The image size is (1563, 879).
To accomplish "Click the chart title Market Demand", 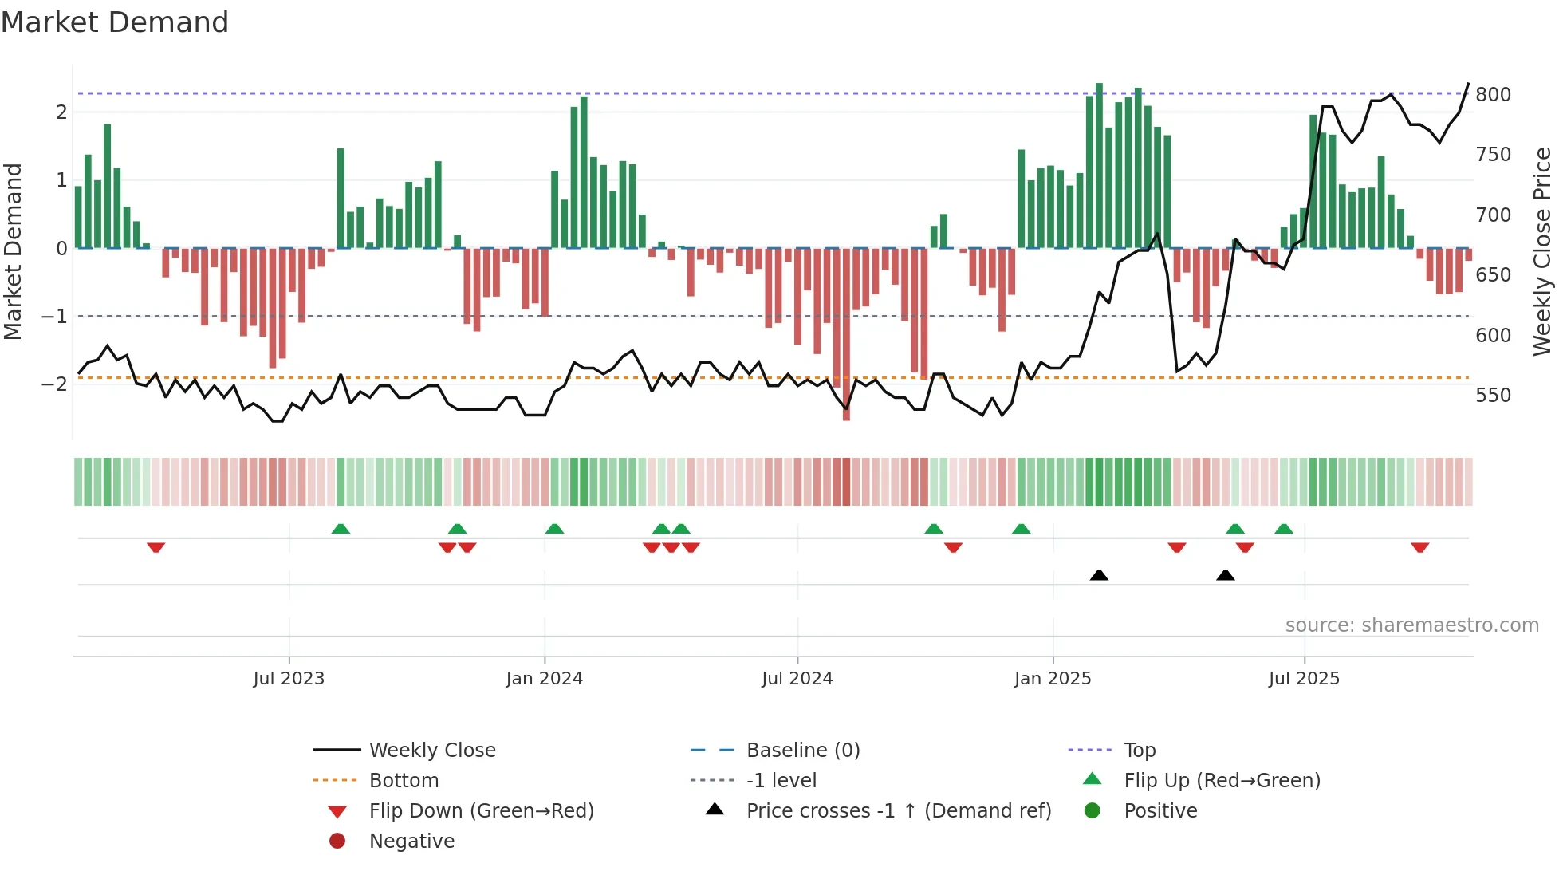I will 115,22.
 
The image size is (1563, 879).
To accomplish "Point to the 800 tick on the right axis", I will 1493,94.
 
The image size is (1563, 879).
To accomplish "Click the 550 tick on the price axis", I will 1493,395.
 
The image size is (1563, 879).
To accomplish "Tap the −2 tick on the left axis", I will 54,384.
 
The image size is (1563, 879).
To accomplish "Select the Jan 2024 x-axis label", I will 544,679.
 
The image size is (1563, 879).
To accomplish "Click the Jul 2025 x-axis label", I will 1304,679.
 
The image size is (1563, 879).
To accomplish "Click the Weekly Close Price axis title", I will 1542,251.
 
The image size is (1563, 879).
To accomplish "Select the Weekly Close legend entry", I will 431,750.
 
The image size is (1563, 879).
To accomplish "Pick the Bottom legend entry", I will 404,780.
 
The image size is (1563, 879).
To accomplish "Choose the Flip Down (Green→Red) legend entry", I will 481,810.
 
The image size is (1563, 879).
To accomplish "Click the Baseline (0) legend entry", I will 802,750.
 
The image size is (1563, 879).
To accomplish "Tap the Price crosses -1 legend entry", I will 898,810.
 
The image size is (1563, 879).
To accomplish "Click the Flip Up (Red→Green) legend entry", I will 1222,780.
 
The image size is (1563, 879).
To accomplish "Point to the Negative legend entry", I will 411,841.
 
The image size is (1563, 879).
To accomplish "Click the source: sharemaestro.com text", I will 1411,625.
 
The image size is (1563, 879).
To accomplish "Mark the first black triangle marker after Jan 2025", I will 1099,575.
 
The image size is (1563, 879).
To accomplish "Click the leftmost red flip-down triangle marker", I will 156,547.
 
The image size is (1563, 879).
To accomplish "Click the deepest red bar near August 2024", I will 846,335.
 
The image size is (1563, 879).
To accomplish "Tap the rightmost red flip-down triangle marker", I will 1419,547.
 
